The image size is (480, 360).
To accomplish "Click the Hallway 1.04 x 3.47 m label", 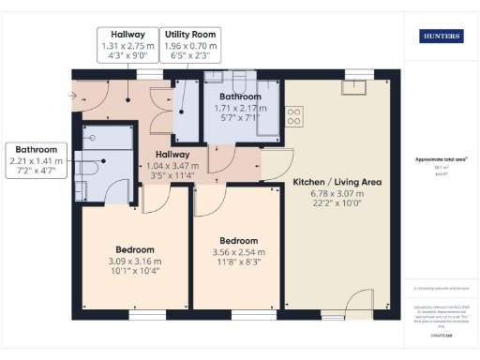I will [172, 160].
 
